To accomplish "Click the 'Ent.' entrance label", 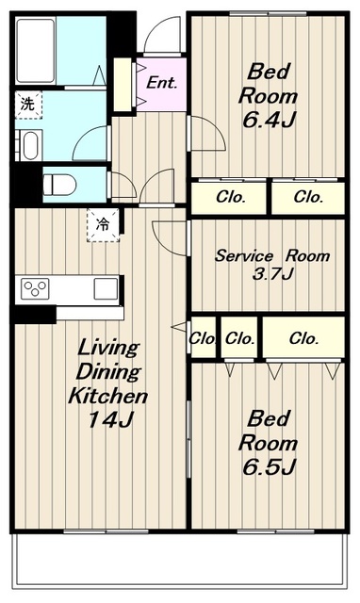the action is coord(162,83).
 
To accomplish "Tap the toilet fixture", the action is coord(59,185).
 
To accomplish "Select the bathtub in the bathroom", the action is coord(36,50).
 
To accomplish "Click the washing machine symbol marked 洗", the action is coord(28,105).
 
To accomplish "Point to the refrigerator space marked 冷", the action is coord(103,224).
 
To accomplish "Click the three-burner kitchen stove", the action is coord(35,288).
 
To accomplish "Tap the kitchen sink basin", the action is coord(106,288).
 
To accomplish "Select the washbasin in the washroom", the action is coord(29,145).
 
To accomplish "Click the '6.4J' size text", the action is coord(268,121).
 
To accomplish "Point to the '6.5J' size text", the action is coord(269,467).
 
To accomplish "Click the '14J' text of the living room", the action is coord(109,419).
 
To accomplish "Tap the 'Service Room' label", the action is coord(272,255).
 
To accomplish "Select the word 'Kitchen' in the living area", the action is coord(108,396).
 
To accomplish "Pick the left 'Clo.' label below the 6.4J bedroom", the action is coord(231,197).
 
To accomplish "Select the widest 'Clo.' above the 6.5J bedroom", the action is coord(303,338).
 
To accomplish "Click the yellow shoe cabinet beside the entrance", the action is coord(123,85).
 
